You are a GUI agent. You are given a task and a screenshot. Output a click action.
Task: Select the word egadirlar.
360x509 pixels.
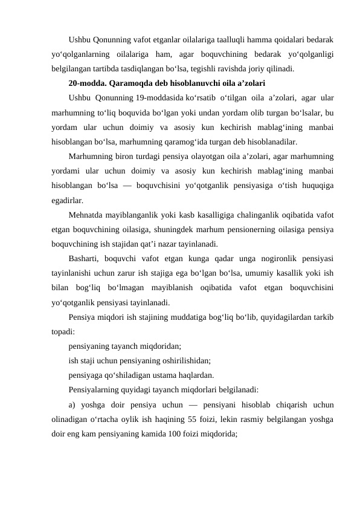coord(68,200)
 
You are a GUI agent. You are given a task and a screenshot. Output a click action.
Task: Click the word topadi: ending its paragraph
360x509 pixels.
coord(63,331)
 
